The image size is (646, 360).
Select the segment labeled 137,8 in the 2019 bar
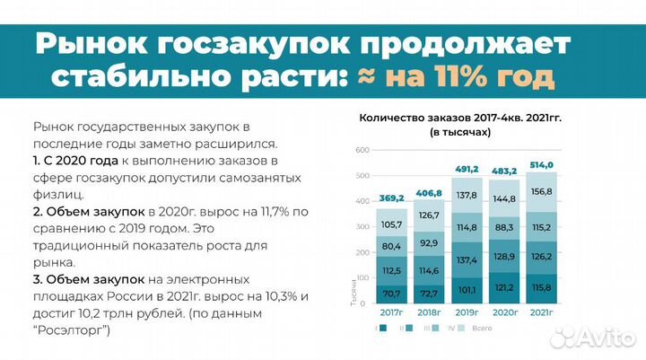[467, 194]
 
